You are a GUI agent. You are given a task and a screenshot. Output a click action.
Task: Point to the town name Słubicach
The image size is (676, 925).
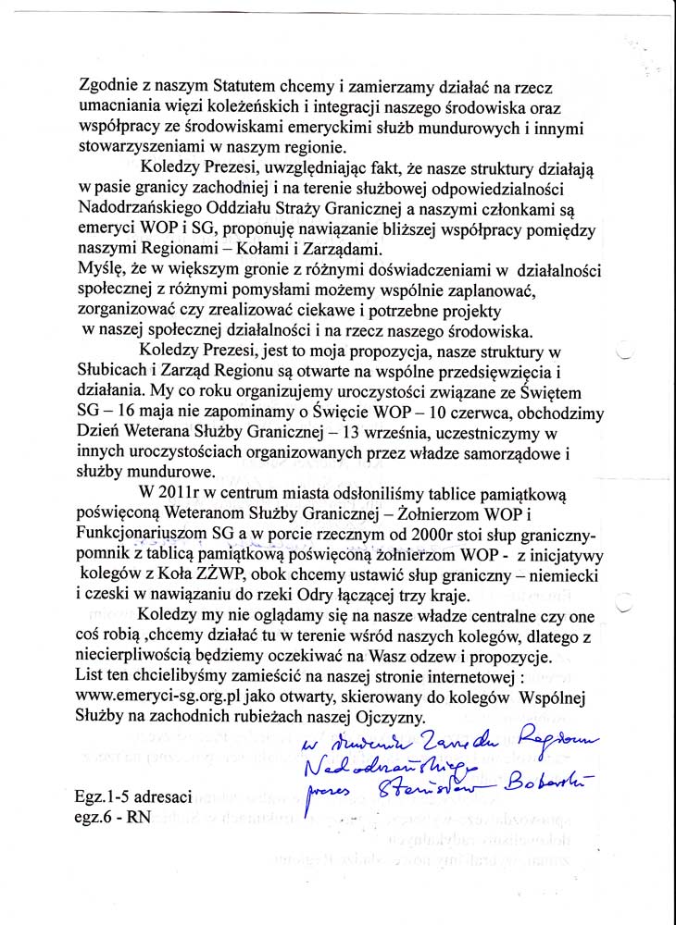point(122,372)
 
